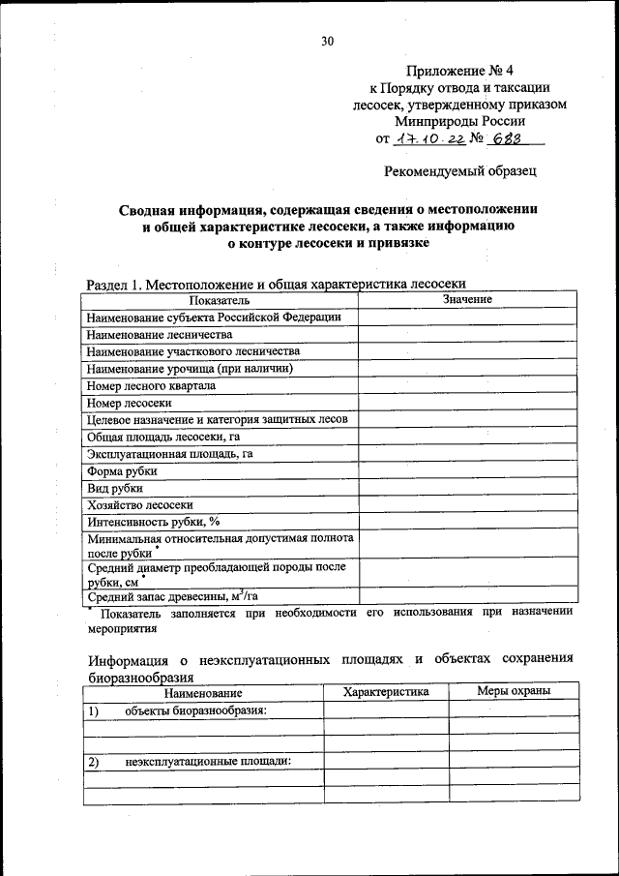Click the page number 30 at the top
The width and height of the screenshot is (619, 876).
tap(327, 41)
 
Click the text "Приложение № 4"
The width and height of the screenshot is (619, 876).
tap(460, 70)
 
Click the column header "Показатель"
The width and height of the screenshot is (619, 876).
tap(220, 300)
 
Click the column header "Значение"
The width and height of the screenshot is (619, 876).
tap(467, 300)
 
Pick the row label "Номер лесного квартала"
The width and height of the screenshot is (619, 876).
tap(151, 385)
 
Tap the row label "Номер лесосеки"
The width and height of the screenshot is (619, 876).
tap(129, 403)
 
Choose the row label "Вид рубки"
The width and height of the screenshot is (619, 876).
tap(114, 488)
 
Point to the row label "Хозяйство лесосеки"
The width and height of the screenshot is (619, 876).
tap(139, 505)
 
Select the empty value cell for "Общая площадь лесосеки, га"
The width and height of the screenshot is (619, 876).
tap(467, 437)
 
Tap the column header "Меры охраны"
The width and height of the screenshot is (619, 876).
tap(514, 691)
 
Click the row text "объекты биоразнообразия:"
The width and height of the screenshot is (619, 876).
tap(195, 710)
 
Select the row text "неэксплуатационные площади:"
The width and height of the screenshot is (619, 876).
tap(208, 762)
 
